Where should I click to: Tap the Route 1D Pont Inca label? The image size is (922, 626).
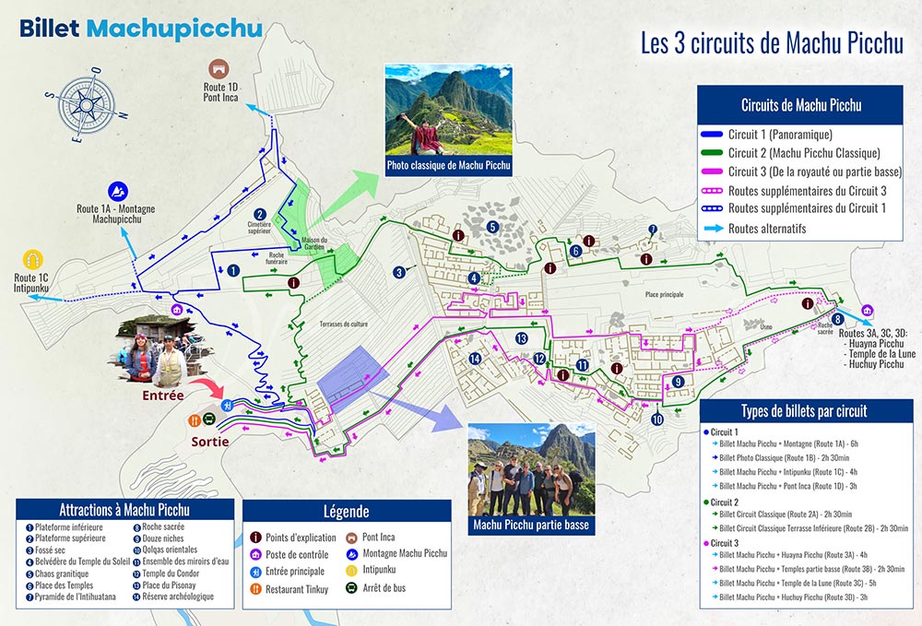(218, 90)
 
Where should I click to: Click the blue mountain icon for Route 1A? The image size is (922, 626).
(118, 191)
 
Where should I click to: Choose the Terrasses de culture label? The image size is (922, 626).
(343, 325)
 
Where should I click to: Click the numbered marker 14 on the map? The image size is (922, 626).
(476, 359)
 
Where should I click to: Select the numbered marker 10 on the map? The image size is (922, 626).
(656, 419)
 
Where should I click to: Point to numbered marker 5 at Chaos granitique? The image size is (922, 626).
(493, 227)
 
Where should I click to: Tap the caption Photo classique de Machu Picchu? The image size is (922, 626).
(448, 166)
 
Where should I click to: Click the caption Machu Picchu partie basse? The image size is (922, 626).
(529, 526)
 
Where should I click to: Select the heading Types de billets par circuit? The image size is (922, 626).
(805, 411)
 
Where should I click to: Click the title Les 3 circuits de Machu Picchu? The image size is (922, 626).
(771, 43)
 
